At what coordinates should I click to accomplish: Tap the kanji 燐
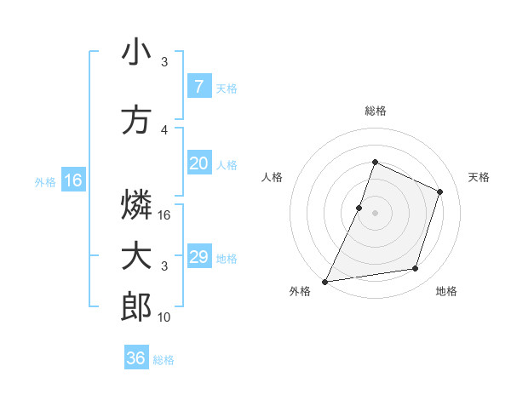(136, 204)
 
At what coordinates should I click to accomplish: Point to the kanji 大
(136, 256)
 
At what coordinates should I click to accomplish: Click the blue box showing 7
(198, 87)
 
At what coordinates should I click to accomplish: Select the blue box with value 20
(198, 163)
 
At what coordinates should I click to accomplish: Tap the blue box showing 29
(198, 257)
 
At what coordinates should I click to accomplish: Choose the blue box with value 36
(136, 358)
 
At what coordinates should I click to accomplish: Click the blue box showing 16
(72, 180)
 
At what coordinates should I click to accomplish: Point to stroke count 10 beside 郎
(164, 317)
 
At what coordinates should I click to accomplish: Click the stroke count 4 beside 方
(164, 130)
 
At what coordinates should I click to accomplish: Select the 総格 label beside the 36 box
(164, 360)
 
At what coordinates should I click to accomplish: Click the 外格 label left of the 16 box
(45, 181)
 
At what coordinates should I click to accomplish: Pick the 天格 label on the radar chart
(479, 177)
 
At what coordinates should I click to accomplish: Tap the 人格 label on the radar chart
(272, 177)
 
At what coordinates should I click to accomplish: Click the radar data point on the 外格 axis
(325, 281)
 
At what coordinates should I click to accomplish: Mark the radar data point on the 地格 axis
(416, 269)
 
